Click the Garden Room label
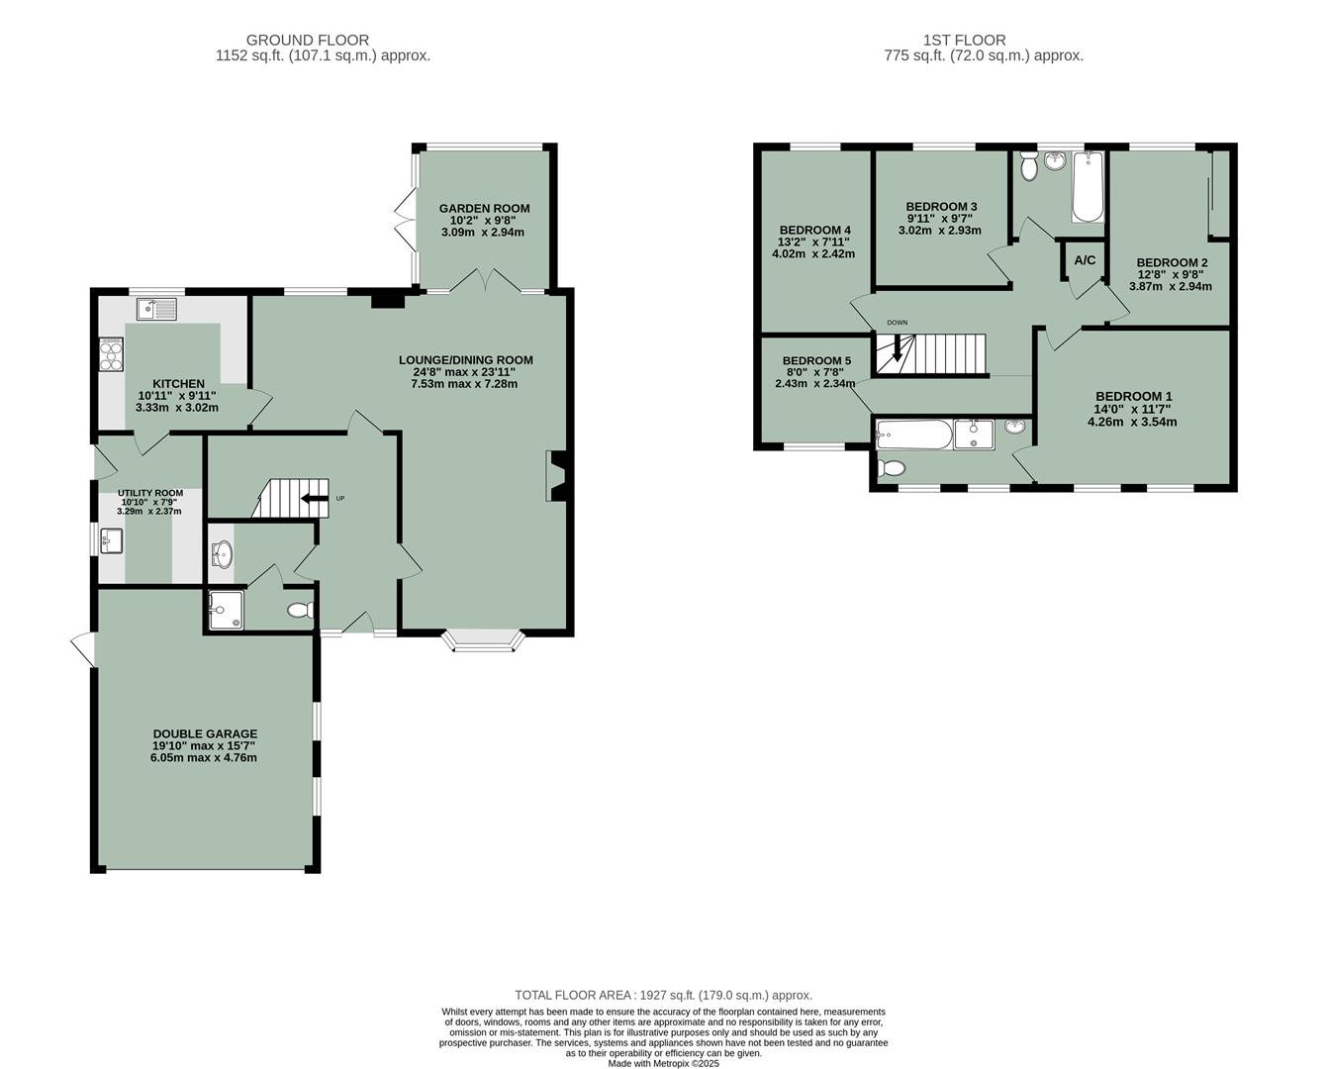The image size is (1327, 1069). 484,208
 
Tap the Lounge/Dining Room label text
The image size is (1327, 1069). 465,360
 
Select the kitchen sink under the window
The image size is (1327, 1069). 156,310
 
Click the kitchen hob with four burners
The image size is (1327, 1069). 111,354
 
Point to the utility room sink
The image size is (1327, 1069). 111,540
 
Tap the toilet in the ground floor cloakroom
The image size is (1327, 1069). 299,612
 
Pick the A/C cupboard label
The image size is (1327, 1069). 1085,260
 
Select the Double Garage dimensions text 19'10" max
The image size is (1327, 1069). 204,745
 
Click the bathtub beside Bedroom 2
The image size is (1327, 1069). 1087,188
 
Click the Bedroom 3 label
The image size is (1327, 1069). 941,207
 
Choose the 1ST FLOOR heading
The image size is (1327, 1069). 964,41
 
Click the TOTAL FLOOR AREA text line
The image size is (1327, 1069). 663,995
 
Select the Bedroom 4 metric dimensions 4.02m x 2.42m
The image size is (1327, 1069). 813,253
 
